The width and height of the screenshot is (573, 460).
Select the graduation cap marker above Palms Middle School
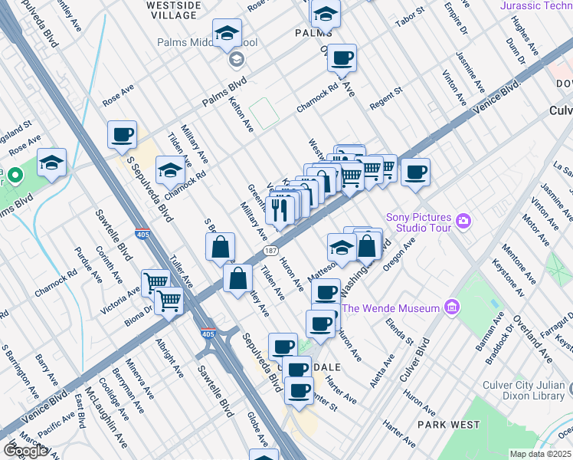tap(226, 34)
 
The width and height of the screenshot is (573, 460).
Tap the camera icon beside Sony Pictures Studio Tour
tap(463, 222)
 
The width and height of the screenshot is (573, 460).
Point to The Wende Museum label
tap(391, 308)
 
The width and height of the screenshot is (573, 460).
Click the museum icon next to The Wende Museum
tap(451, 308)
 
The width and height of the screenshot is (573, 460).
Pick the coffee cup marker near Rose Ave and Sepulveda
tap(122, 136)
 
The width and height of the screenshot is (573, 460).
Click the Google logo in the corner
tap(25, 451)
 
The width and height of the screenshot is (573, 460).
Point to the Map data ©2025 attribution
tap(540, 454)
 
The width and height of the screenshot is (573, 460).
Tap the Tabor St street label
tap(410, 17)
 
